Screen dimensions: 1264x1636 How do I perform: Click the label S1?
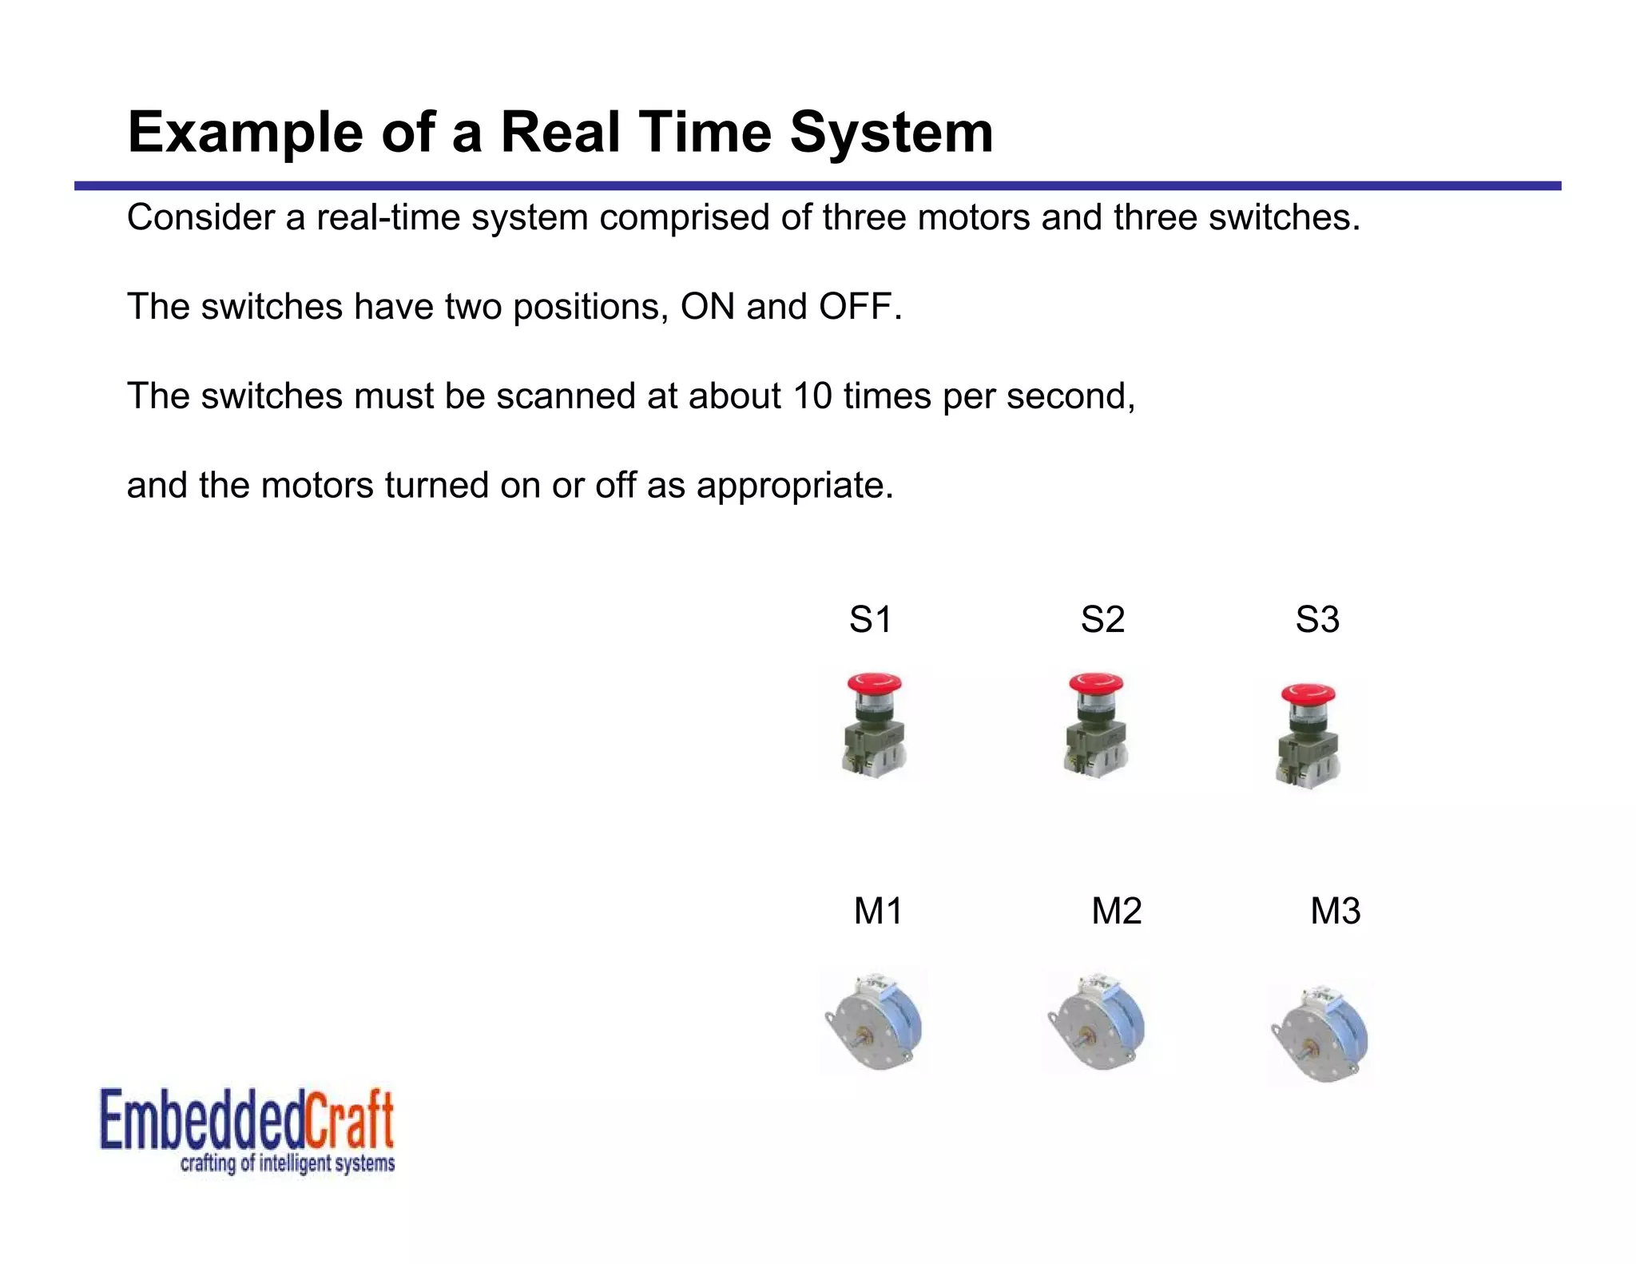(870, 620)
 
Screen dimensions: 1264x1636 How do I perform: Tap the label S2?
(1102, 620)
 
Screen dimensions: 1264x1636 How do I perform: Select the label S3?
(1317, 620)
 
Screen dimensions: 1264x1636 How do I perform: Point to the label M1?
(878, 912)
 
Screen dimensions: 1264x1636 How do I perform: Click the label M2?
(1116, 912)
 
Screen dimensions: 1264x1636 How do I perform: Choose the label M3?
(1335, 912)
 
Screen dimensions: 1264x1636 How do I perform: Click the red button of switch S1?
(875, 684)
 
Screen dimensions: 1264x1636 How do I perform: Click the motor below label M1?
(875, 1024)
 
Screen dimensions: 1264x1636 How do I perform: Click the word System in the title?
(891, 133)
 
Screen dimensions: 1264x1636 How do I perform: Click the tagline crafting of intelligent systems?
(288, 1163)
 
